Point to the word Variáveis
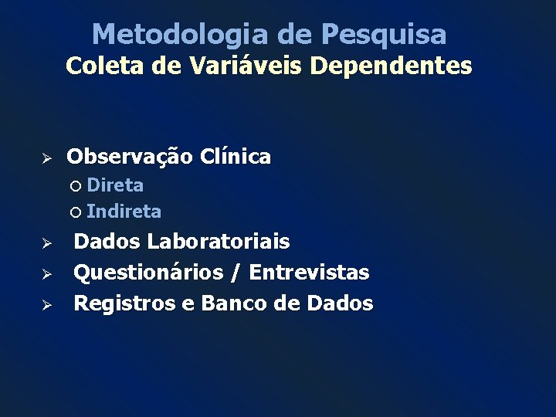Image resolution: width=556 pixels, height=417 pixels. [226, 66]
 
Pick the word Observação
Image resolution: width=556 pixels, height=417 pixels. [130, 158]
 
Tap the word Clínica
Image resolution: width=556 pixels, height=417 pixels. [236, 158]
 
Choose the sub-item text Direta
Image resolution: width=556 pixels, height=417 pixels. [115, 185]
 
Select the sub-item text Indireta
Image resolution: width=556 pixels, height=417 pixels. [124, 211]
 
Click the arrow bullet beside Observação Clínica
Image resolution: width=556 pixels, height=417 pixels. [46, 158]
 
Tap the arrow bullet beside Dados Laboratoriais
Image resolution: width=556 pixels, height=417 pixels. [46, 243]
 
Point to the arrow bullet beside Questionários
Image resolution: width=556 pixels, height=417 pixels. [46, 273]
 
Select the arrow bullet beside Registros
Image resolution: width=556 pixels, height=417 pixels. [46, 304]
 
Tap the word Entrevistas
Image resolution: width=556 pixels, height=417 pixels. [309, 273]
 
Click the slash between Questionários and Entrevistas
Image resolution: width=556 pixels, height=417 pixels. [234, 273]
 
